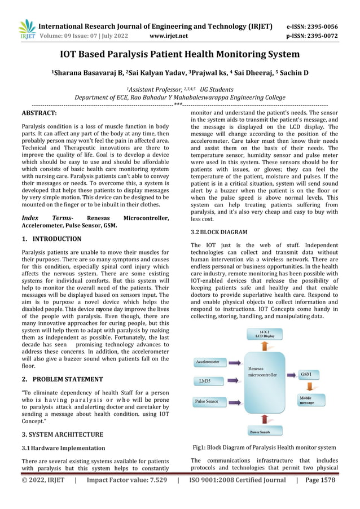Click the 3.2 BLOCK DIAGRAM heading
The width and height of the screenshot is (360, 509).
219,232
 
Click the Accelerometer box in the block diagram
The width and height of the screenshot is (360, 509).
208,361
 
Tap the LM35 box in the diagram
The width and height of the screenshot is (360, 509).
207,382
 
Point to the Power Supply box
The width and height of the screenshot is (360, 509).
264,432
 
